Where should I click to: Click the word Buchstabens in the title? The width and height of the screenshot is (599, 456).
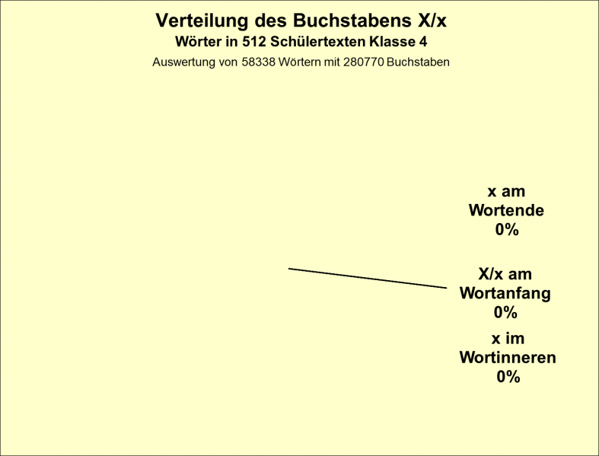tap(352, 21)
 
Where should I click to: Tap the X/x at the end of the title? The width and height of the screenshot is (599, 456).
tap(432, 21)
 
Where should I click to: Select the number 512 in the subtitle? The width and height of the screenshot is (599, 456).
tap(253, 42)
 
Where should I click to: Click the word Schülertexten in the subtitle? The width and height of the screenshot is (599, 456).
tap(318, 42)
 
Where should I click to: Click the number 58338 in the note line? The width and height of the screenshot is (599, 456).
tap(258, 62)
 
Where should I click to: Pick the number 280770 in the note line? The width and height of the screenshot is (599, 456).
tap(363, 62)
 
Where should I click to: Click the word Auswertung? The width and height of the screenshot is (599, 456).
tap(183, 62)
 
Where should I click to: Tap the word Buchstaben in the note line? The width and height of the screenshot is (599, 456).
tap(418, 62)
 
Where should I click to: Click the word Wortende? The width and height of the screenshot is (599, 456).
tap(507, 210)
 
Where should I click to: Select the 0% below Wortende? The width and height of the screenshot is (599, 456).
tap(507, 230)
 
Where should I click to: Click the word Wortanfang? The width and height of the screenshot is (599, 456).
tap(505, 293)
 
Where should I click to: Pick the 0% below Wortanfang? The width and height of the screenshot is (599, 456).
tap(505, 313)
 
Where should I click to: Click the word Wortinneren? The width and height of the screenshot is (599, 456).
tap(508, 358)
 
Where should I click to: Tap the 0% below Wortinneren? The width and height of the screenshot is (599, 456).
tap(508, 377)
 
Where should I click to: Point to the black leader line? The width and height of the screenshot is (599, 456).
tap(368, 279)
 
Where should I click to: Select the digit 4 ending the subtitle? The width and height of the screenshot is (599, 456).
tap(423, 42)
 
